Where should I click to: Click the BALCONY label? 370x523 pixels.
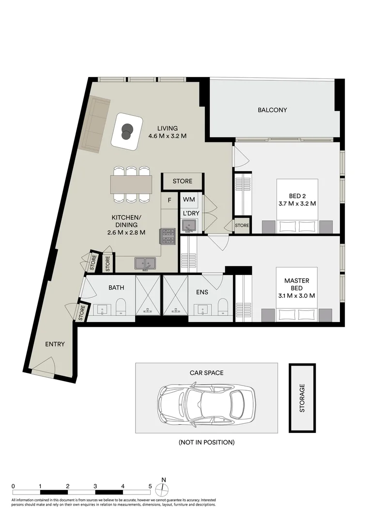click(272, 110)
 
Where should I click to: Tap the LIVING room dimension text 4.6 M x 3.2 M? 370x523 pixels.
click(167, 136)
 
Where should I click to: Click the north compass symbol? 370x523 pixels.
click(163, 488)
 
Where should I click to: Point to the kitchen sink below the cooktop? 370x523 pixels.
click(145, 263)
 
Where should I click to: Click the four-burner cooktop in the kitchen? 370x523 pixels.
click(168, 236)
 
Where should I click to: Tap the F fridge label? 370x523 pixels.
click(170, 200)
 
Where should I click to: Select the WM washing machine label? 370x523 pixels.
click(189, 200)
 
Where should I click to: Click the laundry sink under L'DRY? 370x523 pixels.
click(189, 226)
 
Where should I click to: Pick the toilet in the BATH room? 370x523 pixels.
click(121, 306)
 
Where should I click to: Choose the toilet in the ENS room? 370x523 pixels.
click(223, 306)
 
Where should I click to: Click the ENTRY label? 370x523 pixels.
click(55, 344)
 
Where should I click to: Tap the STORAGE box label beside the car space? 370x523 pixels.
click(302, 398)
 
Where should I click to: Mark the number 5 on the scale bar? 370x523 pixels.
click(150, 486)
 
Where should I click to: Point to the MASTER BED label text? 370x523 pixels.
click(296, 284)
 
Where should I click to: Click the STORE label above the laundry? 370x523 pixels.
click(183, 181)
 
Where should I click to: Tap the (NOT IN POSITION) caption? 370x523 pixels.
click(206, 442)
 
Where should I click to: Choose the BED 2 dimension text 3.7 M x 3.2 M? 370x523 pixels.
click(297, 203)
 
